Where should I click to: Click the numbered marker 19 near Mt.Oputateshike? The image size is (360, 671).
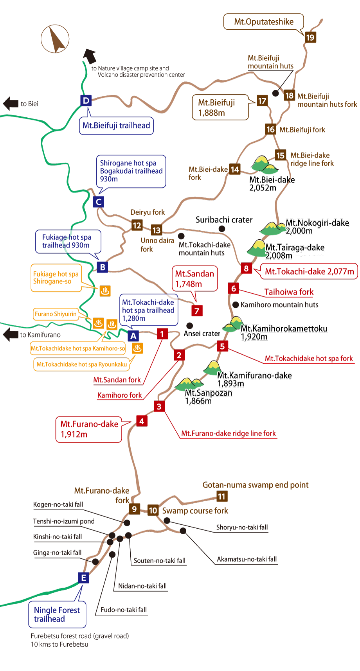[x=310, y=38]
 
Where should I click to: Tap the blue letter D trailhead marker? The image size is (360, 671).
[x=86, y=100]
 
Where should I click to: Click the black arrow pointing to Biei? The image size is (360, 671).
[x=11, y=104]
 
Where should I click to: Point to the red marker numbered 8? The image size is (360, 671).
[x=246, y=268]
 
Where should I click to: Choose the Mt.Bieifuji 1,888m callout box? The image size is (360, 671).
[x=221, y=108]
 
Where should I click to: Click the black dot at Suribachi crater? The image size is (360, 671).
[x=222, y=228]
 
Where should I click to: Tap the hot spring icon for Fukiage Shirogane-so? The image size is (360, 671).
[x=105, y=291]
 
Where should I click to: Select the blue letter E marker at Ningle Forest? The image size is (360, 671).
[x=83, y=578]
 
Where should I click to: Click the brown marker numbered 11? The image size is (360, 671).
[x=222, y=497]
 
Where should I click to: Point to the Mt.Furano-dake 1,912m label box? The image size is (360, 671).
[x=89, y=429]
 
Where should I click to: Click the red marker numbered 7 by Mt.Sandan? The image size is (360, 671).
[x=197, y=311]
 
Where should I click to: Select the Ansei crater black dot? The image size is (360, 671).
[x=189, y=325]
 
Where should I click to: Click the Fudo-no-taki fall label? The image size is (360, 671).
[x=124, y=610]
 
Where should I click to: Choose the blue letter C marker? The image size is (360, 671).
[x=99, y=202]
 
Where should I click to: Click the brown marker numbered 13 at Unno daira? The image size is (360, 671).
[x=157, y=230]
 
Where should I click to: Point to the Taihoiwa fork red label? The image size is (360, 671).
[x=289, y=292]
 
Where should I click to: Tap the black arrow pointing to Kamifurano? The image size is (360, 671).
[x=11, y=335]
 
